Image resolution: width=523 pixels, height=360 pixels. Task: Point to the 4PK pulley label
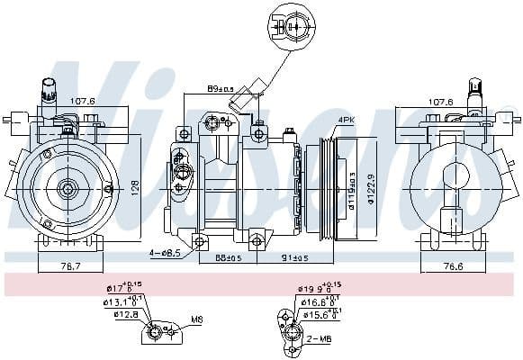coord(347,119)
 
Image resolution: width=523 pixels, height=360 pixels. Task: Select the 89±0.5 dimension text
coord(220,89)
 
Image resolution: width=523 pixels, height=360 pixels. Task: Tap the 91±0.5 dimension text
coord(293,259)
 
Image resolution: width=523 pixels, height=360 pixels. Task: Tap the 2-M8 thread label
coord(320,339)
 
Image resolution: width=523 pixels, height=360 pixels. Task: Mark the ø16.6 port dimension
coord(317,302)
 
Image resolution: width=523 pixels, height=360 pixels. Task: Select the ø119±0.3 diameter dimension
coord(354,186)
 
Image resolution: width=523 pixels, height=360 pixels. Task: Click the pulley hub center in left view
coord(68,188)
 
